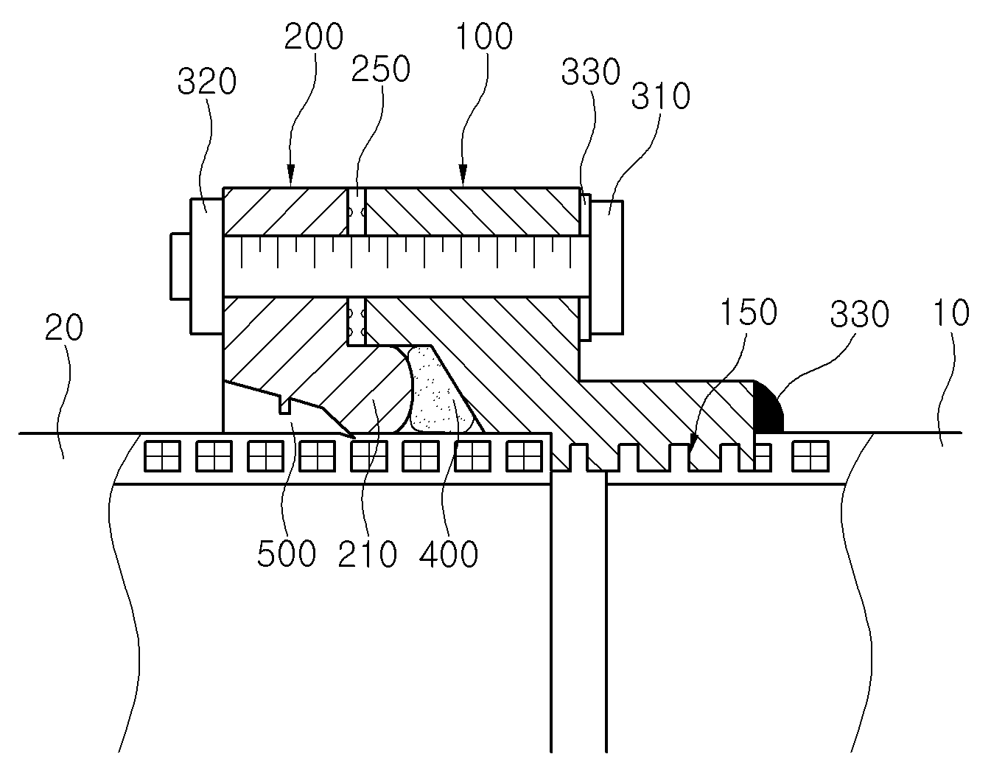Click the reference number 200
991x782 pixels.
[x=314, y=36]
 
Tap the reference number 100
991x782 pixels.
[x=484, y=36]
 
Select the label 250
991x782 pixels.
[x=380, y=69]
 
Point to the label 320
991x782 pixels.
[x=207, y=82]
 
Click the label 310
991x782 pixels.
[x=660, y=96]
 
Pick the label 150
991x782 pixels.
[x=749, y=312]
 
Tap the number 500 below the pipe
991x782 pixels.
[x=287, y=554]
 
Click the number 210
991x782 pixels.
[x=367, y=554]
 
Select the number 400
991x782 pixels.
[x=449, y=554]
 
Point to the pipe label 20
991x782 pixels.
[x=64, y=327]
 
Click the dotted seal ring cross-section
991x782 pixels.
[x=441, y=390]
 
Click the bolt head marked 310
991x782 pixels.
[x=607, y=268]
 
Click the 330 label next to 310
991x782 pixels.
[x=591, y=72]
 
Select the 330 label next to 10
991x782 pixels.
[x=859, y=314]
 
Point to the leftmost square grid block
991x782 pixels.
[x=162, y=456]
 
